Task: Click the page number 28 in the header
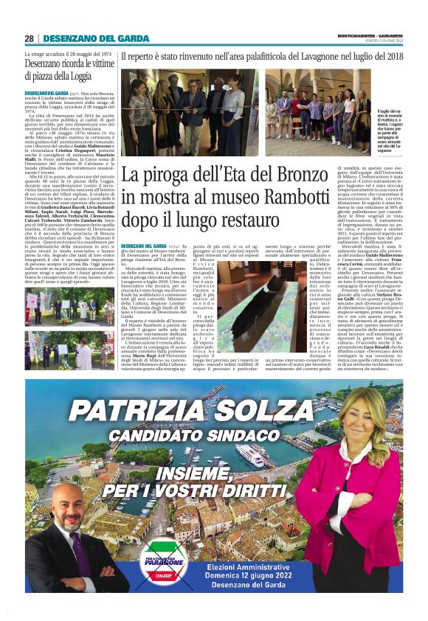click(29, 38)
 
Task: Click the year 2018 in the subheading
click(392, 56)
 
